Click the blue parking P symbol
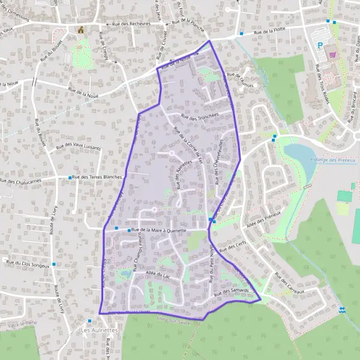click(320, 45)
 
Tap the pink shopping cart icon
click(332, 54)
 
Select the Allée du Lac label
click(158, 274)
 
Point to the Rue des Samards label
click(230, 292)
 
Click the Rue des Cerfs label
click(233, 245)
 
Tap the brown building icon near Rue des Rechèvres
click(80, 29)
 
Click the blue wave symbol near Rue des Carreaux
click(342, 310)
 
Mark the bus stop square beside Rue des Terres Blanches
click(70, 178)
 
